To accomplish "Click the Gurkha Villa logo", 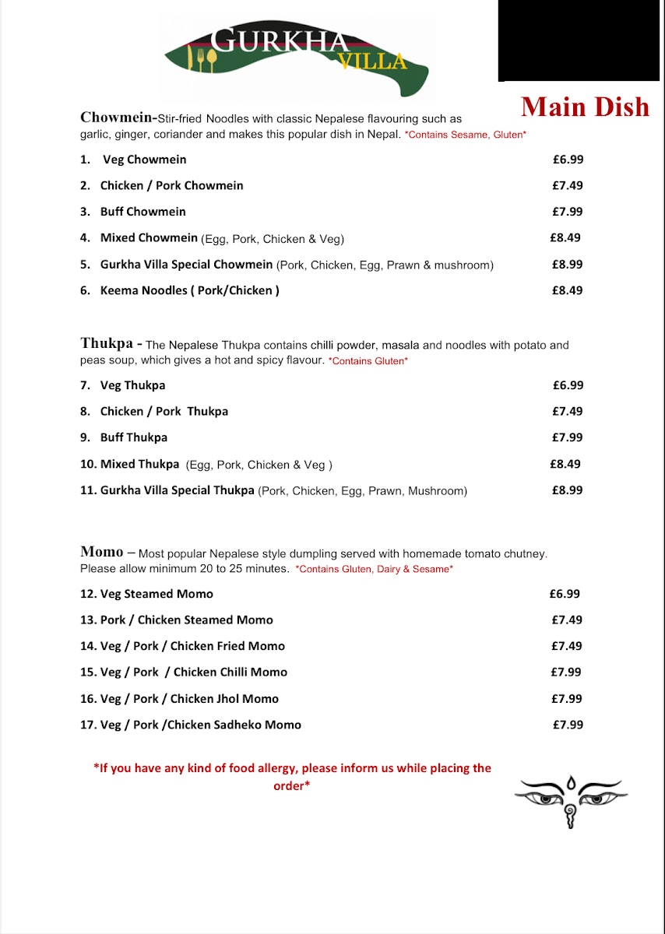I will (x=296, y=54).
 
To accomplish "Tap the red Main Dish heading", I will (x=585, y=107).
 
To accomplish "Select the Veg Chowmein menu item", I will (x=145, y=160).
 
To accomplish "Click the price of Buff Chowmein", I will (x=568, y=212).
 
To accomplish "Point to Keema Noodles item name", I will (x=189, y=290).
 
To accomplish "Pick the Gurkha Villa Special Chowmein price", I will (x=568, y=264).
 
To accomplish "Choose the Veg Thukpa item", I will (x=132, y=385).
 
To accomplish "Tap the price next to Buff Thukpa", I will (x=568, y=437).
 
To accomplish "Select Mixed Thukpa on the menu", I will (x=139, y=464).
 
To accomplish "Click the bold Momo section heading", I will (x=102, y=552).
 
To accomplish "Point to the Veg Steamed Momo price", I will (x=565, y=594).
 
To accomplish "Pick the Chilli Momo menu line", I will (x=193, y=672).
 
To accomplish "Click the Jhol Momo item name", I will (x=188, y=699).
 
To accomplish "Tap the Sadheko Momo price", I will (x=568, y=725).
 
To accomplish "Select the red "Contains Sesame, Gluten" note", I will (x=466, y=135).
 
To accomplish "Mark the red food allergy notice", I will (x=292, y=777).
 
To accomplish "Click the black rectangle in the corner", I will (x=579, y=40).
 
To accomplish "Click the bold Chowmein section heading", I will (x=117, y=118).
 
